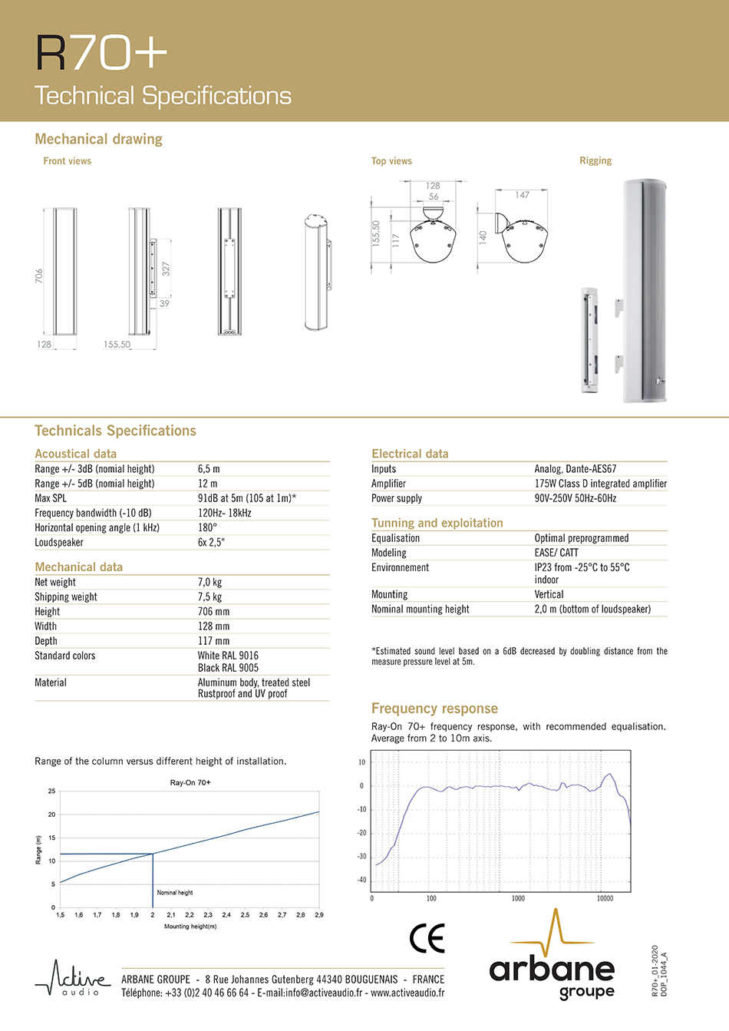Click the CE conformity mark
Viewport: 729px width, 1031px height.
pyautogui.click(x=427, y=938)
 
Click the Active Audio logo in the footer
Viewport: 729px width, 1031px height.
pyautogui.click(x=72, y=979)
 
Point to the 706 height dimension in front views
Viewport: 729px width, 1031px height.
pyautogui.click(x=39, y=276)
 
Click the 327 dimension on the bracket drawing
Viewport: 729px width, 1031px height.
pyautogui.click(x=166, y=269)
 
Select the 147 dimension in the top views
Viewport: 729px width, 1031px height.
pyautogui.click(x=523, y=195)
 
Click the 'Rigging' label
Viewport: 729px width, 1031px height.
pyautogui.click(x=595, y=160)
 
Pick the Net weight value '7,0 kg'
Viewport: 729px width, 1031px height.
pyautogui.click(x=209, y=583)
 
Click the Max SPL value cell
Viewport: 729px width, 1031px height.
pyautogui.click(x=247, y=498)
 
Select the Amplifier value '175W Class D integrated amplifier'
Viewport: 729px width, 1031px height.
pyautogui.click(x=600, y=484)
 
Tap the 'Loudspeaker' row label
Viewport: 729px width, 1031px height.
pyautogui.click(x=59, y=543)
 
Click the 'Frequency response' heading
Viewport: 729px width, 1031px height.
pyautogui.click(x=434, y=709)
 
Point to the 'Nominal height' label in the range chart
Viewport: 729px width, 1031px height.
pyautogui.click(x=175, y=893)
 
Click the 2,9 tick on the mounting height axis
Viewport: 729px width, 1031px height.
pyautogui.click(x=319, y=915)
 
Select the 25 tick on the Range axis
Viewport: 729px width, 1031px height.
pyautogui.click(x=52, y=791)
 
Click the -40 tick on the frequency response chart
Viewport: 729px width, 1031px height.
pyautogui.click(x=361, y=880)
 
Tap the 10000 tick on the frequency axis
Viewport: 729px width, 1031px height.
pyautogui.click(x=605, y=898)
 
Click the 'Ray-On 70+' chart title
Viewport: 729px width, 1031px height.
pyautogui.click(x=190, y=782)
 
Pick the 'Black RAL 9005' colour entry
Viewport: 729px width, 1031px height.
pyautogui.click(x=228, y=668)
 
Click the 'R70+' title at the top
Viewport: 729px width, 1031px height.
pyautogui.click(x=101, y=53)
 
